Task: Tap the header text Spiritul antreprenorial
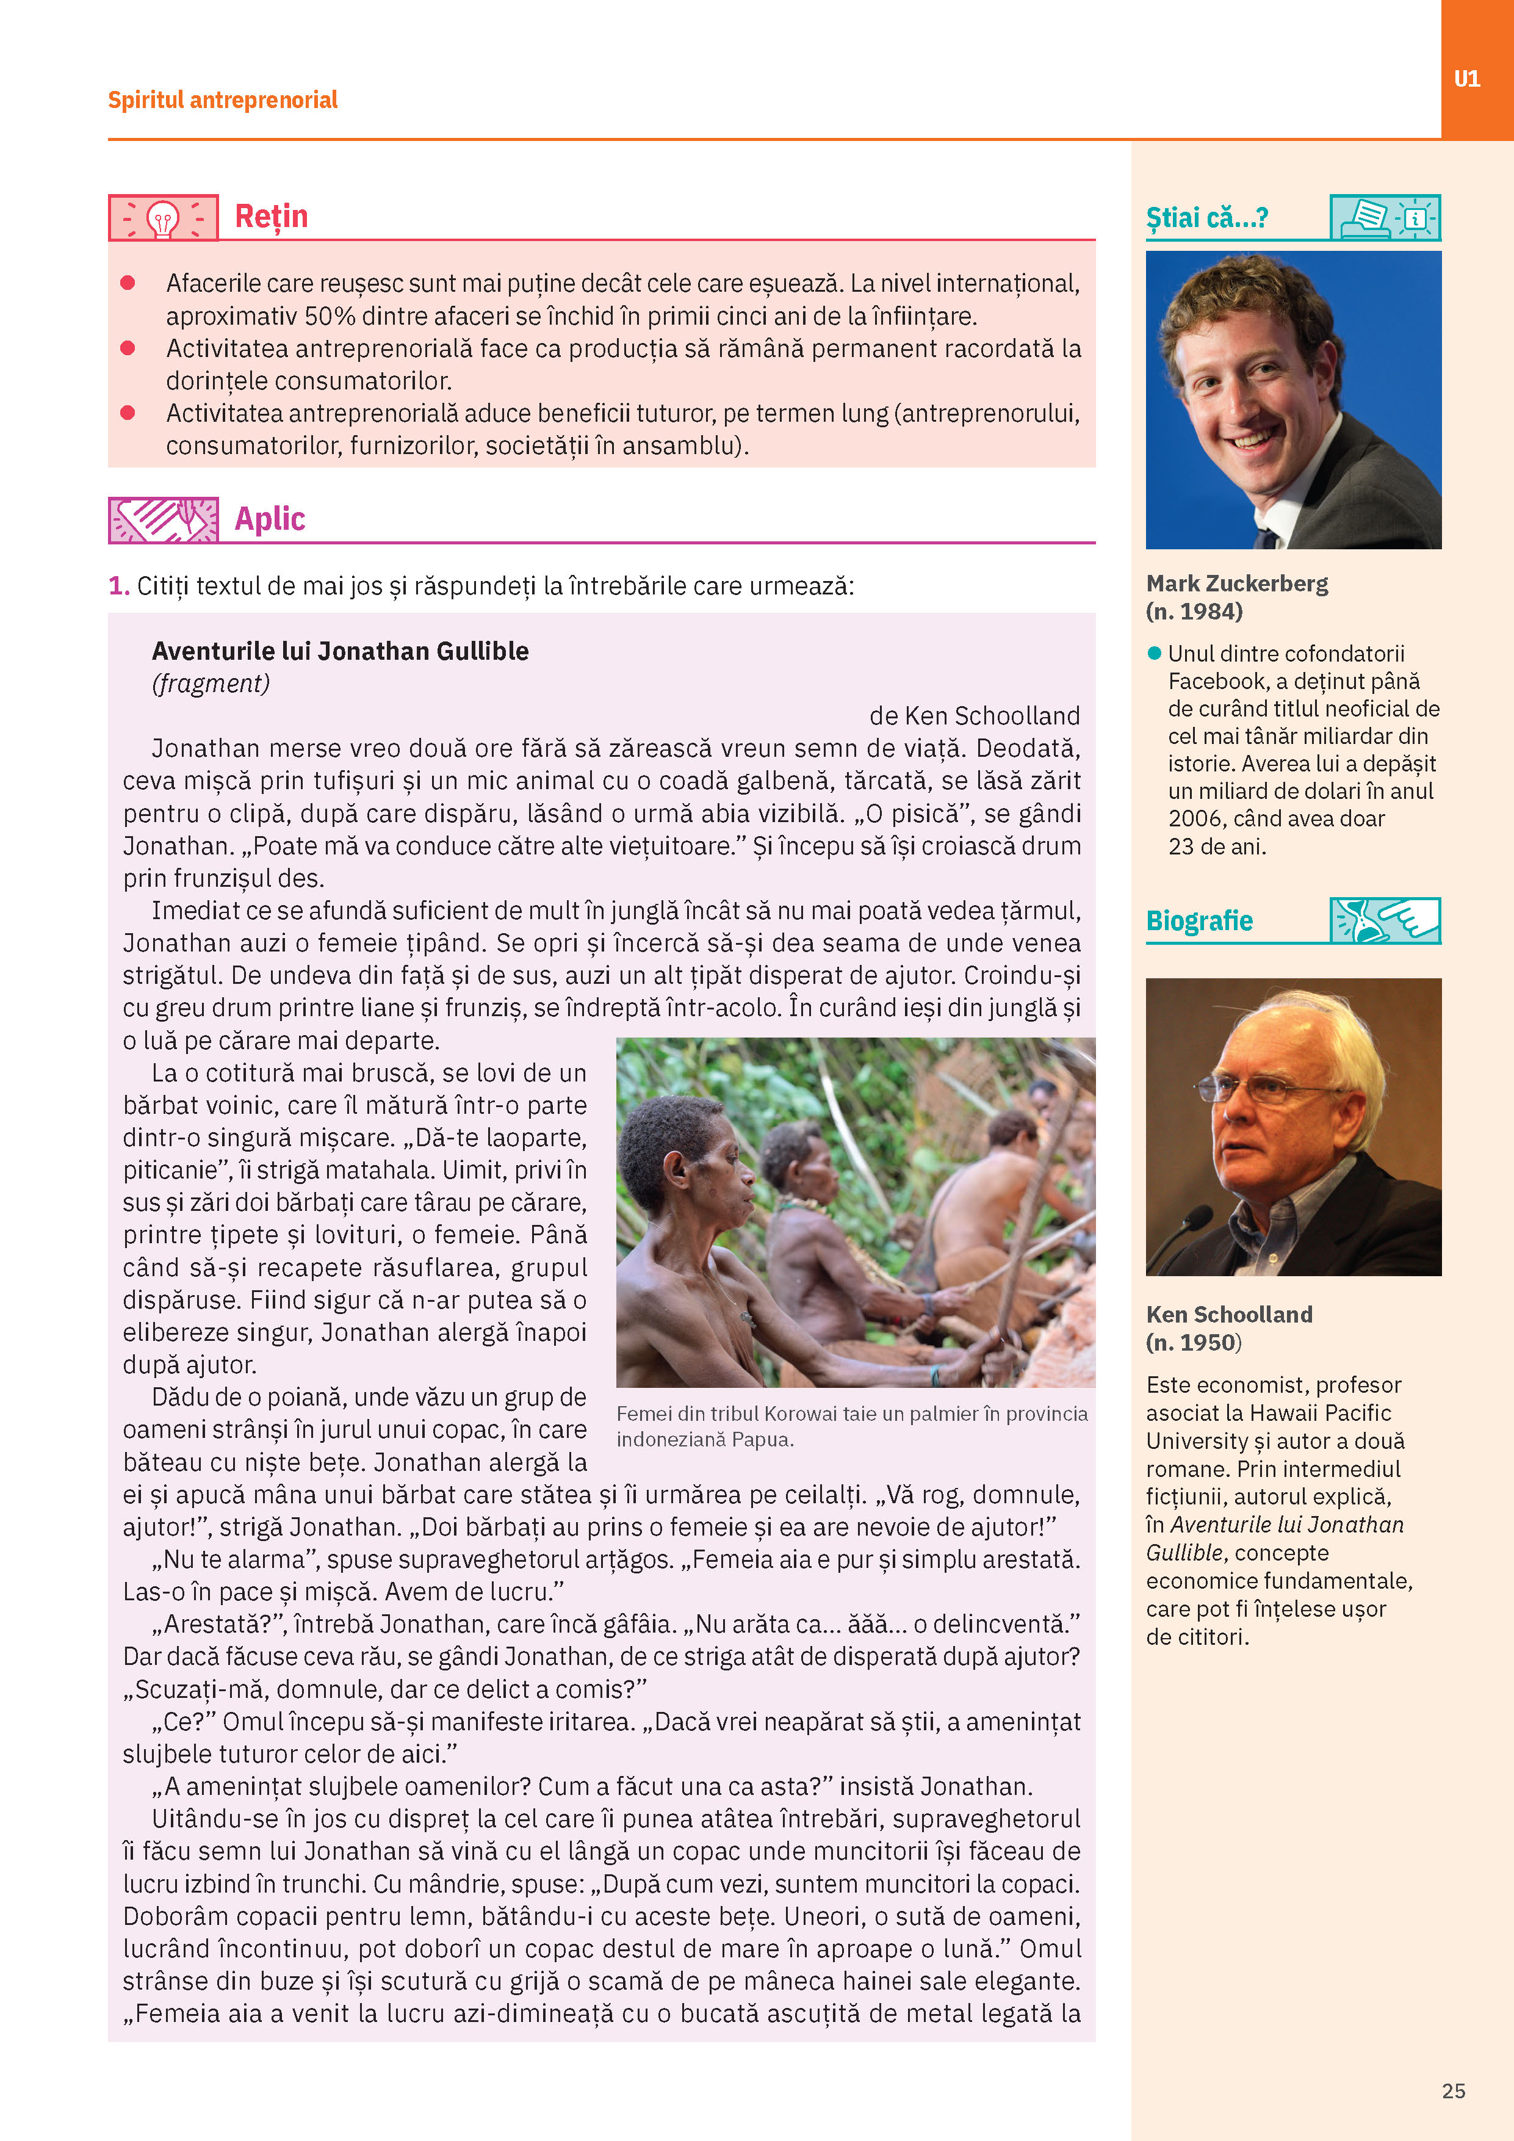coord(223,99)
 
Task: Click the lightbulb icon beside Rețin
coord(163,218)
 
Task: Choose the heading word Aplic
coord(270,518)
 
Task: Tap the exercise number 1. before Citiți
coord(118,586)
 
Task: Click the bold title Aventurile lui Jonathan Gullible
coord(341,651)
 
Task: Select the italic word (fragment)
coord(211,684)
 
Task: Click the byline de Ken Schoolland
coord(974,715)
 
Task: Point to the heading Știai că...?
coord(1206,218)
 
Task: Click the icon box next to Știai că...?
coord(1385,218)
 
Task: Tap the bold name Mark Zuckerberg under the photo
coord(1237,583)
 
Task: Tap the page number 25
coord(1454,2090)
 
